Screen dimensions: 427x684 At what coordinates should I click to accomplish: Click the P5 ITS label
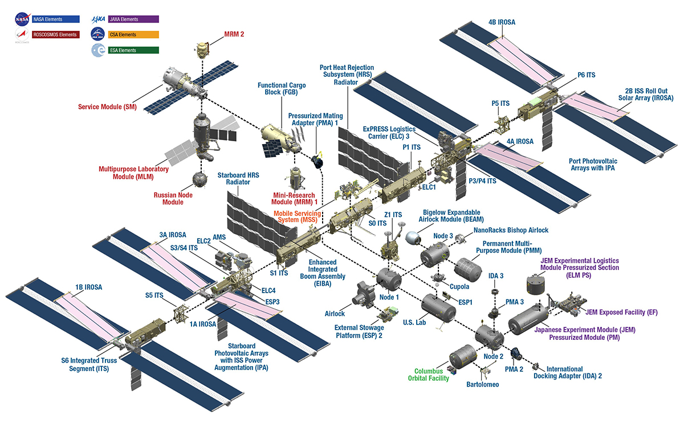click(x=500, y=104)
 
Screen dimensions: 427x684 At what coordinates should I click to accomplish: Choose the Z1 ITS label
click(x=393, y=215)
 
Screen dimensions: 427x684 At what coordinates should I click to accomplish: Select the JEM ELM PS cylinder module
click(x=535, y=284)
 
